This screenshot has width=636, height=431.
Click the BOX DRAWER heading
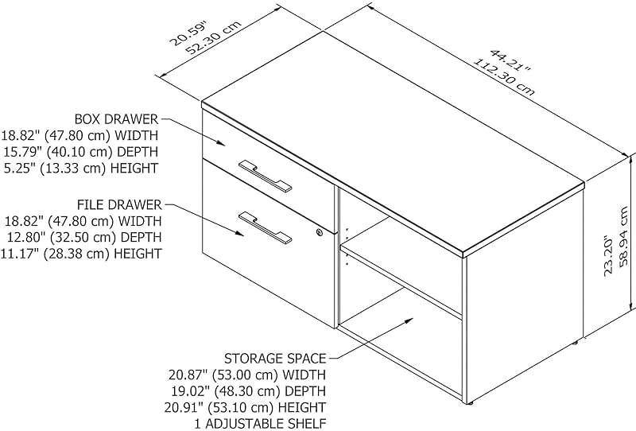[x=116, y=118]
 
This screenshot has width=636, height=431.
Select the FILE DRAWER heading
[x=119, y=204]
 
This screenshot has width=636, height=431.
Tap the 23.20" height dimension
[x=608, y=254]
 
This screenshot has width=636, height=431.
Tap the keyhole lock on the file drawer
[x=320, y=232]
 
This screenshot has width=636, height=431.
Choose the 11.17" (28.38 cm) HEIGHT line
[x=81, y=254]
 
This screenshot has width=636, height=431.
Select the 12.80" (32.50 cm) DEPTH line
[x=81, y=237]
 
